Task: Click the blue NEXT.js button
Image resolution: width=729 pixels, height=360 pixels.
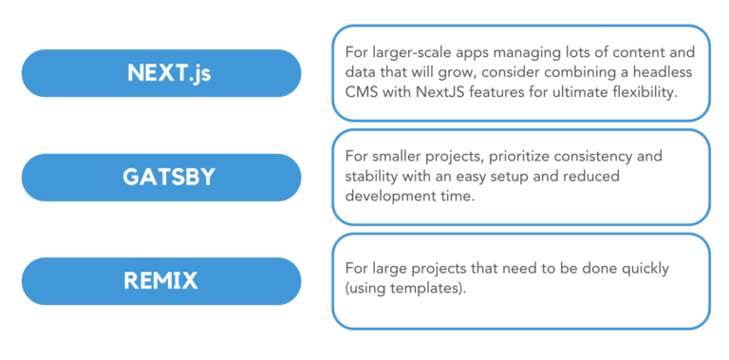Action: [161, 73]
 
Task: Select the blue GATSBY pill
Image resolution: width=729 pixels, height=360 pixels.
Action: [161, 178]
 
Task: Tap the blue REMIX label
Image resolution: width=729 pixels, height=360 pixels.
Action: [161, 281]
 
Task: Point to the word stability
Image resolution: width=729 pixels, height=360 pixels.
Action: [371, 177]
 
